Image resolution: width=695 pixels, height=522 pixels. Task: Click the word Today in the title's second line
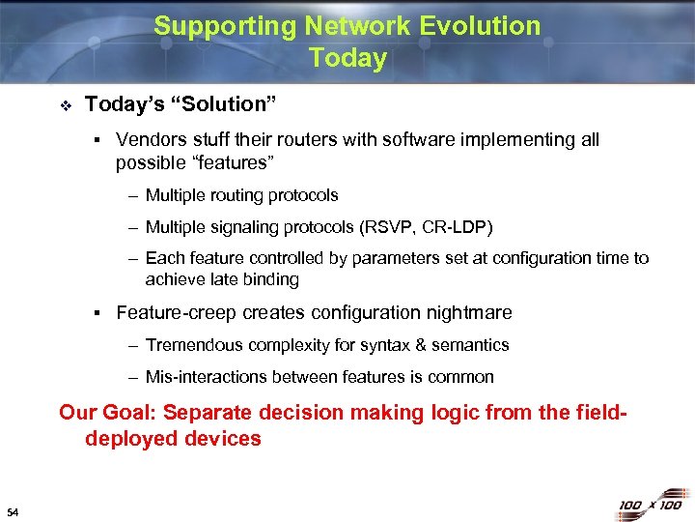coord(347,58)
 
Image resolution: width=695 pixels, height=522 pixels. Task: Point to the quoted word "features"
coord(227,162)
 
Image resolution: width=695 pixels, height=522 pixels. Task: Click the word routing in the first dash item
coord(238,196)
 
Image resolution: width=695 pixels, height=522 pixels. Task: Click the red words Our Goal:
coord(108,413)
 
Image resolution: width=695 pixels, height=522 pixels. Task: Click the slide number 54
coord(13,509)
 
